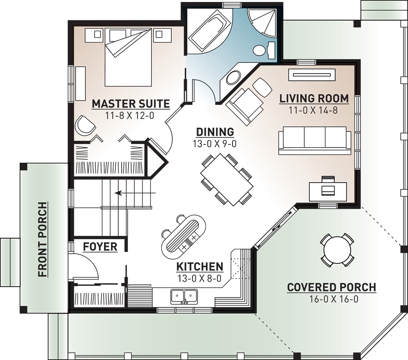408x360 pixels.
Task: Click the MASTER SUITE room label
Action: click(x=131, y=104)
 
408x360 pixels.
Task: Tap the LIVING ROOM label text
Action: click(x=314, y=98)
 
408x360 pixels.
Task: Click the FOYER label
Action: click(x=100, y=247)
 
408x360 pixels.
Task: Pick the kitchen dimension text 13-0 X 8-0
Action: click(x=200, y=279)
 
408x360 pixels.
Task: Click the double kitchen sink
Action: click(x=184, y=296)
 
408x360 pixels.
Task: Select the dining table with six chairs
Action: click(x=226, y=179)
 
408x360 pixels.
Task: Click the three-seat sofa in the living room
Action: click(x=314, y=140)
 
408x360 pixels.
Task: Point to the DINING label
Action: click(x=215, y=132)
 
